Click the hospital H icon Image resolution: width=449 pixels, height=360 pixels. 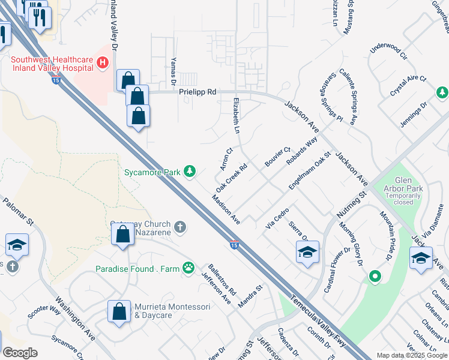(103, 62)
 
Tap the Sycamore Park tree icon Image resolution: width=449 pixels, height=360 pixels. (190, 172)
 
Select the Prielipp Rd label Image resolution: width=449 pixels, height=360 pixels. (197, 92)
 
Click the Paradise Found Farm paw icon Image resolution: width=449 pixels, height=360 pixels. (188, 268)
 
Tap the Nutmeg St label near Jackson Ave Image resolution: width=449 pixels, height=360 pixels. (351, 205)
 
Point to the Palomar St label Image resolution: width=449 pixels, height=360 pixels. (18, 213)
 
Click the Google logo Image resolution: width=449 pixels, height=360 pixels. (20, 352)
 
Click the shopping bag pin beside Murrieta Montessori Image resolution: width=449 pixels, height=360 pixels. (119, 311)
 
